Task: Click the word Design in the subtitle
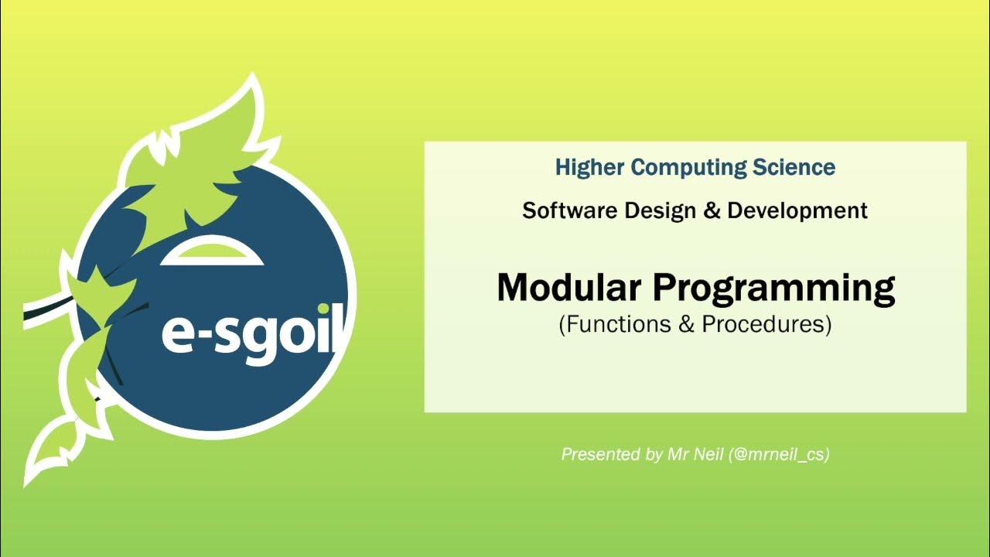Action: tap(652, 210)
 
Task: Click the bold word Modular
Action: tap(569, 288)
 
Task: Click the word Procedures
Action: tap(763, 325)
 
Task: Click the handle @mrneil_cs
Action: tap(779, 455)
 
